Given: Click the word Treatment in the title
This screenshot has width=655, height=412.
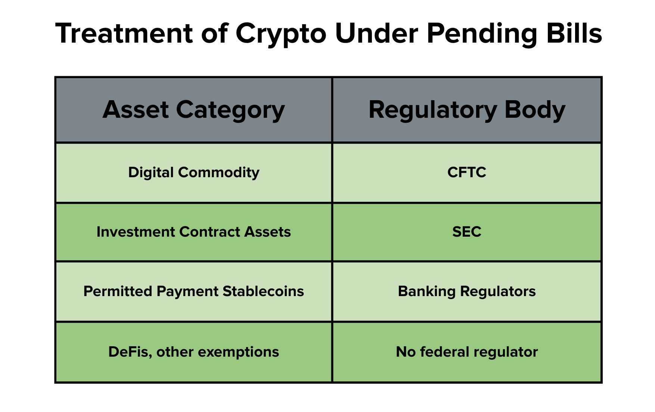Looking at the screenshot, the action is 124,33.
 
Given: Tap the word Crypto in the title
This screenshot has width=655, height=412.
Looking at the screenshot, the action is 281,35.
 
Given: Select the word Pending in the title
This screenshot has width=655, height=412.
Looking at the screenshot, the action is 481,35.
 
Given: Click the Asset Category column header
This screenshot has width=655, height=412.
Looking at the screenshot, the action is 194,110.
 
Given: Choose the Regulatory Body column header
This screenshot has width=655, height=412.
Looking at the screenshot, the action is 467,110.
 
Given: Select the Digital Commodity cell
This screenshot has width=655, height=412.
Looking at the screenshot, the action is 194,173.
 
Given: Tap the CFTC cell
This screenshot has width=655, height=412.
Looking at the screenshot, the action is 467,173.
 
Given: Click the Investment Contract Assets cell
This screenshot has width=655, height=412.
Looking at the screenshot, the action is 194,232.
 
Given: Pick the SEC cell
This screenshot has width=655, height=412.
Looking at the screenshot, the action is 467,232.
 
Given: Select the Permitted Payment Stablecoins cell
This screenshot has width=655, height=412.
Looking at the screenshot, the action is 194,292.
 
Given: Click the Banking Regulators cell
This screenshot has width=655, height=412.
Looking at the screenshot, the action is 467,292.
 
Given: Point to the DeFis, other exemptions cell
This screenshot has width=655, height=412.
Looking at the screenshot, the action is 194,352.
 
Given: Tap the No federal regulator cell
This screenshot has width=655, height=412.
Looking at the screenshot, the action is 467,352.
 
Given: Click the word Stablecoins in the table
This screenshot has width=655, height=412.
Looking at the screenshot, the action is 263,291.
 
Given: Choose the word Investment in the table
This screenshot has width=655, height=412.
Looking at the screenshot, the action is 136,232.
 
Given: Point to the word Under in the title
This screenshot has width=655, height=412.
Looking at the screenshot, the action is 376,33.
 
